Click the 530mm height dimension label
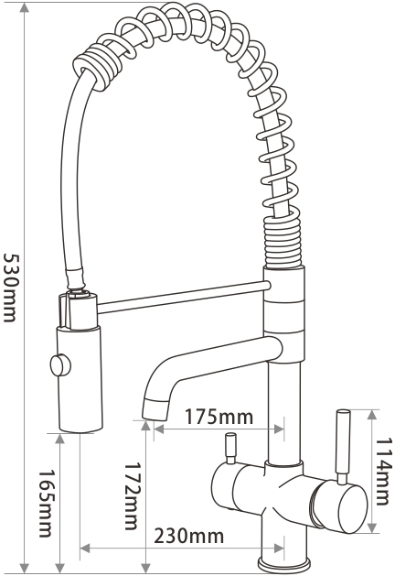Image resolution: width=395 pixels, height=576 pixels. click(x=10, y=288)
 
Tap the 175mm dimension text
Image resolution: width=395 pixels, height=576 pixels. click(x=219, y=417)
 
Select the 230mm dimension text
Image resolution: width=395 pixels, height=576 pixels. click(x=189, y=536)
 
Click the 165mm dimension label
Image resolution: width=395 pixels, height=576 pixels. click(x=46, y=504)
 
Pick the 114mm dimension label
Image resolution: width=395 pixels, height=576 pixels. click(x=382, y=471)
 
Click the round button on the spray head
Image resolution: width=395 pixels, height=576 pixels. click(x=60, y=364)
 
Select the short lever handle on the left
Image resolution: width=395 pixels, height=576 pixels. click(x=230, y=448)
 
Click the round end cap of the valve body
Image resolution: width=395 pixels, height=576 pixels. click(x=353, y=508)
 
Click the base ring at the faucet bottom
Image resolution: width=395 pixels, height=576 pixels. click(x=284, y=564)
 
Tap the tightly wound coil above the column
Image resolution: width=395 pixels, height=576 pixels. click(x=283, y=243)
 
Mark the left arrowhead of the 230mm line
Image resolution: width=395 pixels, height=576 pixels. click(x=85, y=549)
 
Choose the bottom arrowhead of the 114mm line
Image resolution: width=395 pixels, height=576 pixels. click(x=372, y=527)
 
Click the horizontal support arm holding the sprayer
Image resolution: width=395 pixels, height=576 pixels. click(x=184, y=296)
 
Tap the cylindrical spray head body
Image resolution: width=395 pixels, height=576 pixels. click(x=80, y=379)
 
